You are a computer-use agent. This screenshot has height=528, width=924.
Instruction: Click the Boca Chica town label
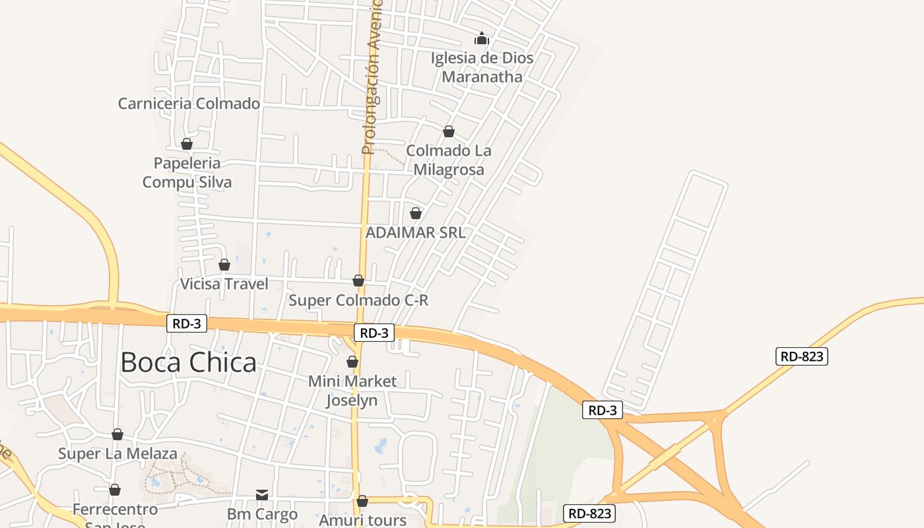pos(188,363)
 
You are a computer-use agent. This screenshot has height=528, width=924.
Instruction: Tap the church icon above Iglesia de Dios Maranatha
pos(482,39)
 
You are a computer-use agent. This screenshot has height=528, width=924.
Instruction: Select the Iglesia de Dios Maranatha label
pos(482,67)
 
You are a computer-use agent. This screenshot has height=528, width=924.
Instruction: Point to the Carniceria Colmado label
pos(189,104)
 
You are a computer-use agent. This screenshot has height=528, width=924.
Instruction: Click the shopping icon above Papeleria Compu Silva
pos(187,144)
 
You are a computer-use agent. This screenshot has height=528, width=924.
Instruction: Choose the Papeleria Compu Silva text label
pos(187,172)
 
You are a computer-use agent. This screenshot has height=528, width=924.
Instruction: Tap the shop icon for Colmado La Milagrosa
pos(449,132)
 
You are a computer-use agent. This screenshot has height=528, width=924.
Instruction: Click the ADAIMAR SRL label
pos(415,232)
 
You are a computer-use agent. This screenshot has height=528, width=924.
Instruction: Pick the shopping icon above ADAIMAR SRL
pos(416,213)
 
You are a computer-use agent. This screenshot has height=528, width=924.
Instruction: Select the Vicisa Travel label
pos(224,284)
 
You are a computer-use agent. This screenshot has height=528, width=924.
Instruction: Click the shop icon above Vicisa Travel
pos(224,265)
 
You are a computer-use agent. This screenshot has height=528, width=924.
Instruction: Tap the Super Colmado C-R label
pos(358,300)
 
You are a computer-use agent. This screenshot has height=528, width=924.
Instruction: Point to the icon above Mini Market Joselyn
pos(352,362)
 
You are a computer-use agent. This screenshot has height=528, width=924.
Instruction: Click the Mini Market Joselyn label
pos(352,391)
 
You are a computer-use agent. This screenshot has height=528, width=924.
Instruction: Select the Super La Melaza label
pos(117,454)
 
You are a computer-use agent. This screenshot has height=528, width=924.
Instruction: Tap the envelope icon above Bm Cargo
pos(262,494)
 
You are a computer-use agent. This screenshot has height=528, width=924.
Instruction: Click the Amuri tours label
pos(362,520)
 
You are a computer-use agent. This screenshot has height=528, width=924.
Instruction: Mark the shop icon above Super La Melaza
pos(117,434)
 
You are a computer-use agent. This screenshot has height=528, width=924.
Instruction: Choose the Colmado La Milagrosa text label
pos(449,160)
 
